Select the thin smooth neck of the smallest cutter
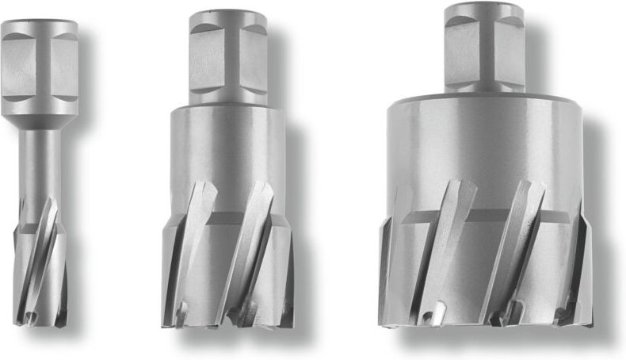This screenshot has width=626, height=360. click(42, 159)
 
